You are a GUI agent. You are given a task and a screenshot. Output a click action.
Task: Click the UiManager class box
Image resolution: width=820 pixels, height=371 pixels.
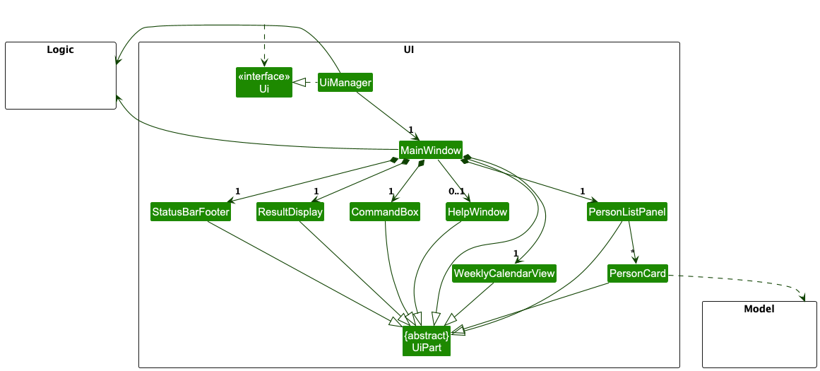coord(345,83)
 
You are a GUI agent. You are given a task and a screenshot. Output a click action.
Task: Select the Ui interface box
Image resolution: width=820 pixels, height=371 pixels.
coord(263,83)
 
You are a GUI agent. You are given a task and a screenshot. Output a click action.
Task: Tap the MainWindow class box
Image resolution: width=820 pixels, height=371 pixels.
coord(430,151)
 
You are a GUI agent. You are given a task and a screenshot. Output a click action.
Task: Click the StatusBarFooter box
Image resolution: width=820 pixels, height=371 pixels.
coord(191,212)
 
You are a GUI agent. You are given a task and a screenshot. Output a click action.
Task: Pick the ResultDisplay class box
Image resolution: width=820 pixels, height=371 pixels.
coord(290,212)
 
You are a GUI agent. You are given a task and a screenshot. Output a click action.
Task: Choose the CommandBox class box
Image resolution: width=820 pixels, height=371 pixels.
coord(385,212)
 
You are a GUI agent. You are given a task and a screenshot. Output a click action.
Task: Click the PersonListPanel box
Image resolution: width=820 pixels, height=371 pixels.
coord(626,212)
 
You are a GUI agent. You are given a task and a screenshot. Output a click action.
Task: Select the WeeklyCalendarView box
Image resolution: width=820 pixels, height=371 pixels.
coord(504,273)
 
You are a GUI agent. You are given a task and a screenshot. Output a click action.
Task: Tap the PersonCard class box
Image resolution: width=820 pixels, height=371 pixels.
coord(637,273)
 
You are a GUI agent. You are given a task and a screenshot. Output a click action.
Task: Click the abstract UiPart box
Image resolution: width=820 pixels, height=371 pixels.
coord(427,341)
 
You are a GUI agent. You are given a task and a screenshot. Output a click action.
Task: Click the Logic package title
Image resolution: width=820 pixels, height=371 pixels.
coord(60,49)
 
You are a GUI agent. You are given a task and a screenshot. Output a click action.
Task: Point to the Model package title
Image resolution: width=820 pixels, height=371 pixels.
coord(759,309)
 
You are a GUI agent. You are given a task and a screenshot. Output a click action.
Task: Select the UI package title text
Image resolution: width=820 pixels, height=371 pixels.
coord(408,49)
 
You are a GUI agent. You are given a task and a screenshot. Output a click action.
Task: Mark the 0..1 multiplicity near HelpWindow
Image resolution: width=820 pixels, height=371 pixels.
coord(456,192)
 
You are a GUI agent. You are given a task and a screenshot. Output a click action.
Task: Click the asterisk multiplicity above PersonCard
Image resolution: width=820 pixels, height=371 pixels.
coord(633,253)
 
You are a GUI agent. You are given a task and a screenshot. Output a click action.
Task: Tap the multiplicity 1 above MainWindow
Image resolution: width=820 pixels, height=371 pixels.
coord(410,129)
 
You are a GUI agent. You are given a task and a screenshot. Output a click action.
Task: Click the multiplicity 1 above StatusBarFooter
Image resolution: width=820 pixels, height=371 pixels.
coord(237,192)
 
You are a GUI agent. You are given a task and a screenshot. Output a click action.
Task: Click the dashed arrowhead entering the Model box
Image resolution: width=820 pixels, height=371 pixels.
coord(804,297)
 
